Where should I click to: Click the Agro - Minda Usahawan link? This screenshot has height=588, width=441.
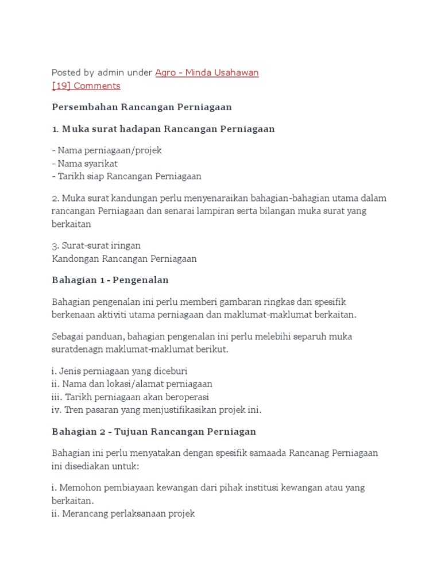207,72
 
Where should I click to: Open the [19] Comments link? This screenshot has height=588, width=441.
86,86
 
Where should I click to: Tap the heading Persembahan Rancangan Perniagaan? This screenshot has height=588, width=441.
141,107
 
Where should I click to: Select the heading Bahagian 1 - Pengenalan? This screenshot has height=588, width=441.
110,280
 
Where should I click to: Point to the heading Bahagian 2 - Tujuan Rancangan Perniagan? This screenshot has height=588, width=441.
154,431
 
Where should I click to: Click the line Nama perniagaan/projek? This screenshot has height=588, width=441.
107,150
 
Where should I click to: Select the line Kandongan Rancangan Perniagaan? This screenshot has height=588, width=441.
124,258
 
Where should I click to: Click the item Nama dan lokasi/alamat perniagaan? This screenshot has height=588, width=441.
132,384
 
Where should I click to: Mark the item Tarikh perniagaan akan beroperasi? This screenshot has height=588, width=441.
130,397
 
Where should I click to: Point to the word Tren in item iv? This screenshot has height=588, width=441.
73,409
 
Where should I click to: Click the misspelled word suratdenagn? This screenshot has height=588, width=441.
76,349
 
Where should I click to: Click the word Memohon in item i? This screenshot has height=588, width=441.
77,487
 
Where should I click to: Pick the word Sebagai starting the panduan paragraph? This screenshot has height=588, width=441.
69,336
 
